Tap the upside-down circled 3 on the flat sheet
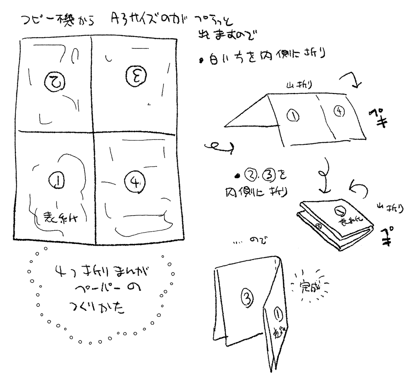tap(133, 74)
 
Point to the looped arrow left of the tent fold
tap(219, 147)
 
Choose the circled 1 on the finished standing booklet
tap(278, 313)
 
